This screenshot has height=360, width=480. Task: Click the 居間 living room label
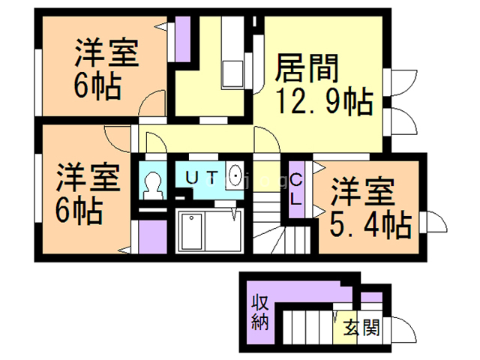(307, 69)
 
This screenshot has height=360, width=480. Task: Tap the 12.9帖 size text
(323, 100)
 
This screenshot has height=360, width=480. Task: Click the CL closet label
(296, 190)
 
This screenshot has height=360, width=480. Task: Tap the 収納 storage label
(259, 314)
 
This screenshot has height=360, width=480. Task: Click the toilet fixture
(153, 184)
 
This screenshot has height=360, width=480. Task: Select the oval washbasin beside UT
(235, 178)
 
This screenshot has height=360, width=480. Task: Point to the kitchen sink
(232, 73)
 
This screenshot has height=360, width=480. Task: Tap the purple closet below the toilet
(153, 238)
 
